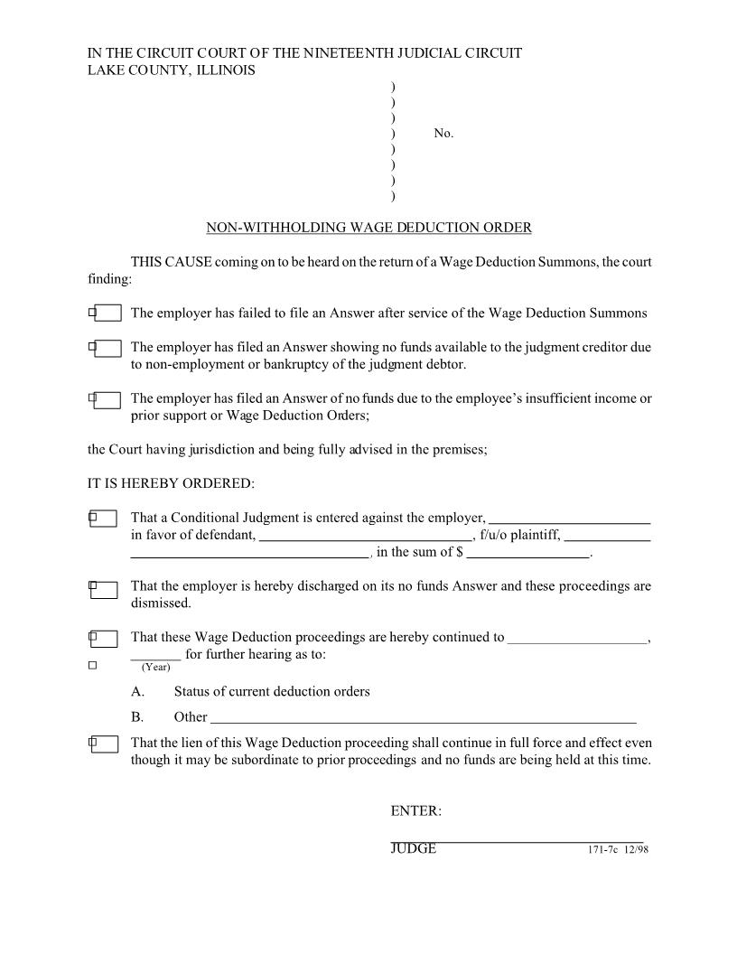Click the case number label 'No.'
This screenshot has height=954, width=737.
[x=443, y=134]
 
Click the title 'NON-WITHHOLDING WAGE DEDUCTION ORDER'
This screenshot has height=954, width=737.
[x=368, y=228]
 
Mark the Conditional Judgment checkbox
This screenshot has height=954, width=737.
[x=103, y=519]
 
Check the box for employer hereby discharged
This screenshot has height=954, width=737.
[x=103, y=590]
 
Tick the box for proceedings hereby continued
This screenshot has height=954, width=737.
[x=103, y=639]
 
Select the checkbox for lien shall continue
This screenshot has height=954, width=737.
[x=103, y=744]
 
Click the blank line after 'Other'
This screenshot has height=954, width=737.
[x=423, y=718]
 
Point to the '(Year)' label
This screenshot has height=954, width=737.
[x=155, y=668]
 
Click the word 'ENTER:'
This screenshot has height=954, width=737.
[x=415, y=811]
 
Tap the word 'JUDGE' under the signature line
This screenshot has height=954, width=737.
[x=413, y=849]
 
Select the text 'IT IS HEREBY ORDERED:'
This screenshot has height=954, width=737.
[x=171, y=483]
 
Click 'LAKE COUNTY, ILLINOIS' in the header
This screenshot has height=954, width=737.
[x=171, y=70]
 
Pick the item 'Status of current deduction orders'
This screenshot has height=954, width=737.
[x=271, y=692]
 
